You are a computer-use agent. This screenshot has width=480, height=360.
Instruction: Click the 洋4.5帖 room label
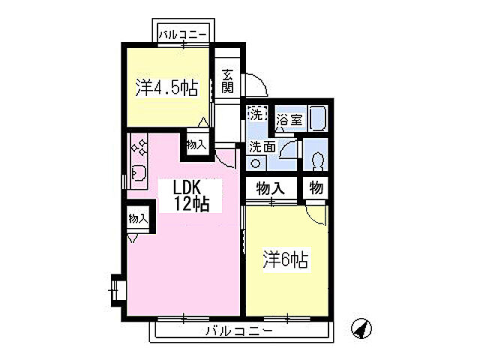(166, 88)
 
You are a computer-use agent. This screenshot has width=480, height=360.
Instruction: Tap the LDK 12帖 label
(191, 194)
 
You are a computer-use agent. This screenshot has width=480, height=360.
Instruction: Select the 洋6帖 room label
(286, 260)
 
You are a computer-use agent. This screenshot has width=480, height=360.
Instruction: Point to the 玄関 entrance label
(227, 81)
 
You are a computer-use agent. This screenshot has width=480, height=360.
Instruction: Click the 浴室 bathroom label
(289, 119)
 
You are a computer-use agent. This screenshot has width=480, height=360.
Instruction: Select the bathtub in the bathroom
(317, 119)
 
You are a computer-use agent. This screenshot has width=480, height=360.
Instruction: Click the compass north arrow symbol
(361, 328)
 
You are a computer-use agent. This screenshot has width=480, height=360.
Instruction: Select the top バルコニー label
(182, 34)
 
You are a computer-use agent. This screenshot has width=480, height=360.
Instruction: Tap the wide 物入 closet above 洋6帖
(271, 188)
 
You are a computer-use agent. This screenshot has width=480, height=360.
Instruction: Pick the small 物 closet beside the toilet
(316, 188)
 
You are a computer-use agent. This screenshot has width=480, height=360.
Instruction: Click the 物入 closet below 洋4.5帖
(195, 144)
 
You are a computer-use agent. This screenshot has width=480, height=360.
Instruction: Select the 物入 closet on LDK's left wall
(138, 219)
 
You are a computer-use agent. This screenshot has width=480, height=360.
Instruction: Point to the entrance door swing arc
(255, 81)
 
